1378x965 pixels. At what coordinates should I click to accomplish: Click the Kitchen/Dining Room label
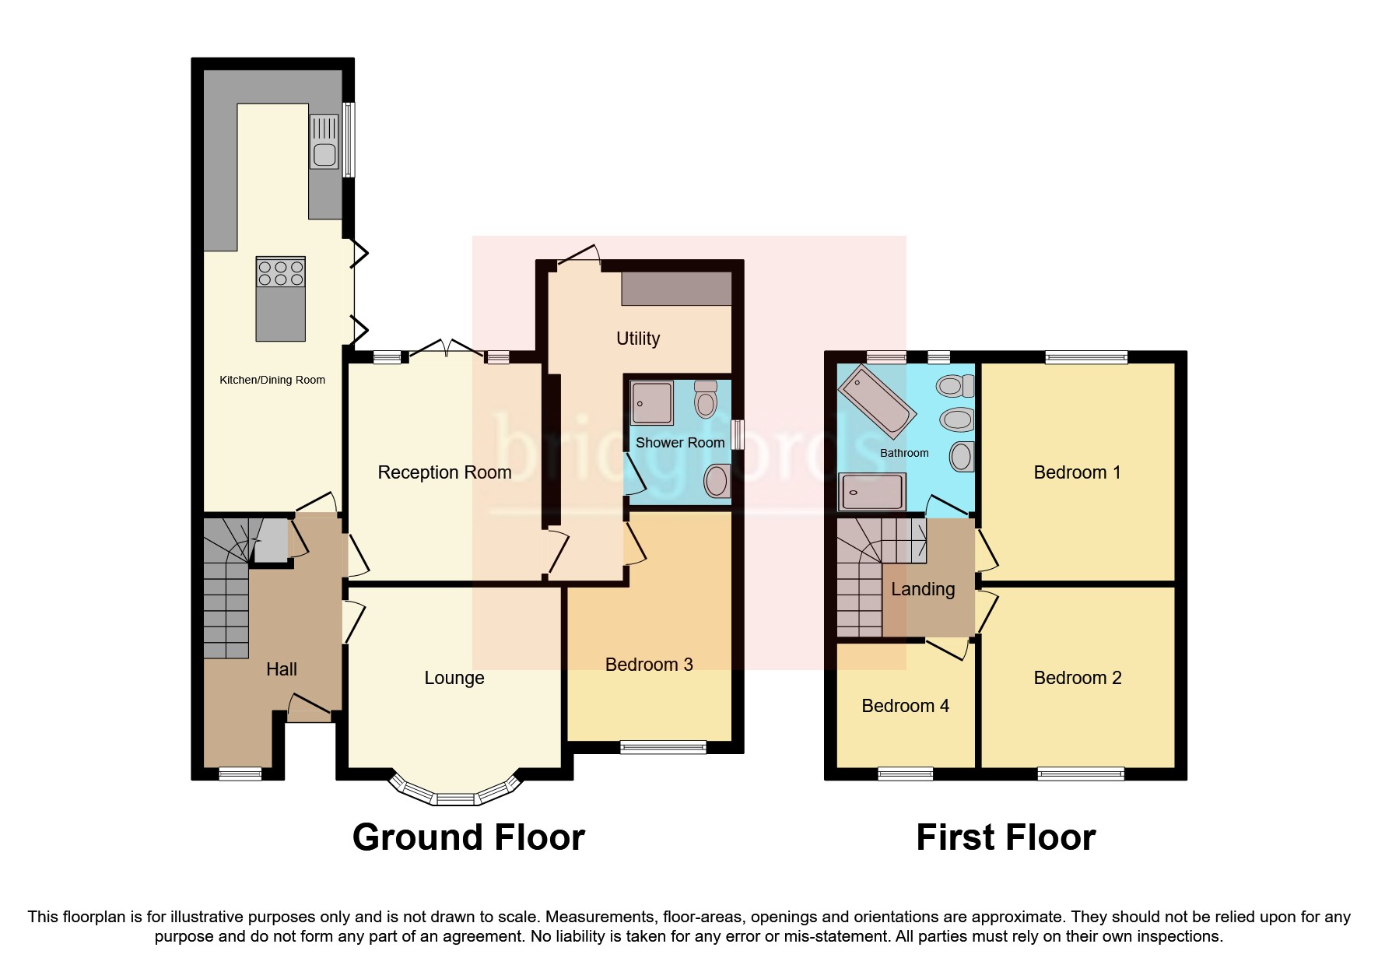tap(272, 380)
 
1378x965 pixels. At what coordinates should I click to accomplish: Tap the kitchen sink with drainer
tap(324, 142)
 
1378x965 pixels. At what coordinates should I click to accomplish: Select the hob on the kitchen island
tap(281, 273)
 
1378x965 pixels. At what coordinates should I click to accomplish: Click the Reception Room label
tap(444, 472)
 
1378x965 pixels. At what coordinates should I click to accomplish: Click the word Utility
tap(638, 339)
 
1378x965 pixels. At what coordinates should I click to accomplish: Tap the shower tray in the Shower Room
tap(652, 402)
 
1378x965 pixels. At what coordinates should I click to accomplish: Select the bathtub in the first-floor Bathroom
tap(876, 402)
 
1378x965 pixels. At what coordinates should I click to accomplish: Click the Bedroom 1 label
tap(1077, 472)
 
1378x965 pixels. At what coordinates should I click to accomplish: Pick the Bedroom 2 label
tap(1077, 678)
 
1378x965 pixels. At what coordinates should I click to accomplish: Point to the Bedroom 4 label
tap(905, 706)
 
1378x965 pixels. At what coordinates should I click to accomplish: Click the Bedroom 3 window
tap(663, 747)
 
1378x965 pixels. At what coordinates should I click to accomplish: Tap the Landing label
tap(923, 589)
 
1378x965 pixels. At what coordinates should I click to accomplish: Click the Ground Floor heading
tap(468, 837)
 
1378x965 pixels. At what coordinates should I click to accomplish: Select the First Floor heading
tap(1005, 837)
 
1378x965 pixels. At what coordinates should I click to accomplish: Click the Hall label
tap(281, 669)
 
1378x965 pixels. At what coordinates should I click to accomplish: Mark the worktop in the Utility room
tap(676, 289)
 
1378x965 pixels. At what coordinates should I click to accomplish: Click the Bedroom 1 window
tap(1086, 358)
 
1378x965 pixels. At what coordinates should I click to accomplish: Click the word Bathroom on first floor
tap(904, 453)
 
